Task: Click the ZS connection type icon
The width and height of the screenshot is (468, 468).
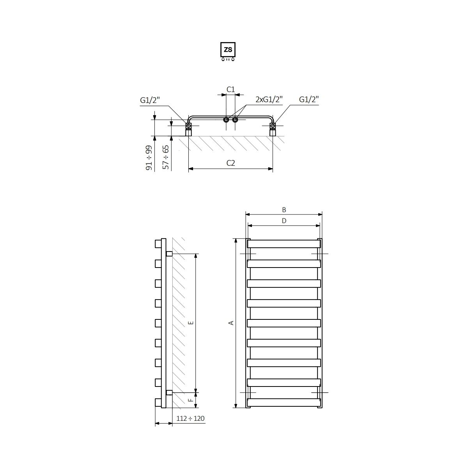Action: [228, 51]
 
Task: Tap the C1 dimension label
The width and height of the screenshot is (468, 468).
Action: [230, 89]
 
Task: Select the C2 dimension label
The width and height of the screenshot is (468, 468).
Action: [230, 163]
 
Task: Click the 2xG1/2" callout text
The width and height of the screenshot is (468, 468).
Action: [269, 99]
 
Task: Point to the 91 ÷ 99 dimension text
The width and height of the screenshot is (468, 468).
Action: [149, 158]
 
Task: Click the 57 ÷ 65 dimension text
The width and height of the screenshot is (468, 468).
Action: [166, 157]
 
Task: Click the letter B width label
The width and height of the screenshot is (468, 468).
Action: [284, 209]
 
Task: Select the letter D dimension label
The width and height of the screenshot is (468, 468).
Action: [284, 221]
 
